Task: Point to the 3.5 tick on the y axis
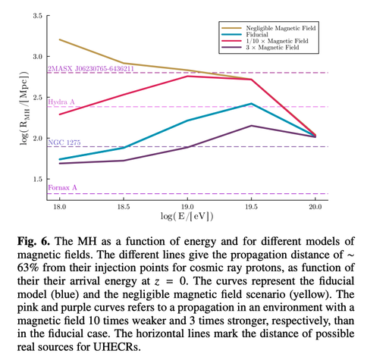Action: [37, 16]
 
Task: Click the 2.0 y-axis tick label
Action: [37, 138]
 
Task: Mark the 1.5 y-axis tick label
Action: [37, 179]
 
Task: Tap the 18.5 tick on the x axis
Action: [124, 207]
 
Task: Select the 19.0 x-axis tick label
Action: [187, 207]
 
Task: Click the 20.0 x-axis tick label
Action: [315, 207]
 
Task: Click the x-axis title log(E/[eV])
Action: [187, 216]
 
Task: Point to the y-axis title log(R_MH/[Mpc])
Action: [24, 108]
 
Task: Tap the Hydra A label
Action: [61, 102]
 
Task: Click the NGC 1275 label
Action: [64, 142]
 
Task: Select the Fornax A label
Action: [62, 188]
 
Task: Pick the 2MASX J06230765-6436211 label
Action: [91, 69]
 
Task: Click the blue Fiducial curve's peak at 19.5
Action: [251, 104]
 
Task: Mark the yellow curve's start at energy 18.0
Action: [60, 39]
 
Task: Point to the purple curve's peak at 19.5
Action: [251, 126]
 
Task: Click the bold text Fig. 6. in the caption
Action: [33, 241]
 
